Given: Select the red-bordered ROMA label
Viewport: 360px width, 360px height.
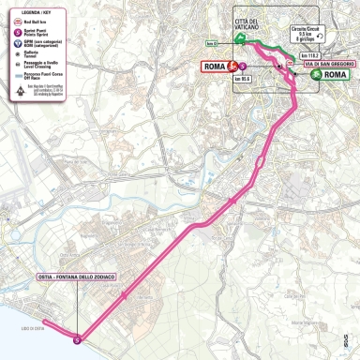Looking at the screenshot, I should pyautogui.click(x=217, y=67).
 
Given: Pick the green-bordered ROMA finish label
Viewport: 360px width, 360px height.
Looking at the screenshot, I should pyautogui.click(x=336, y=74).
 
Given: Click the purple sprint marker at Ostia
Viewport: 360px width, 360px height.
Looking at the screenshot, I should pyautogui.click(x=77, y=339).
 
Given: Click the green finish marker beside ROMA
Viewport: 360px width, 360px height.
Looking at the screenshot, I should pyautogui.click(x=317, y=74).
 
